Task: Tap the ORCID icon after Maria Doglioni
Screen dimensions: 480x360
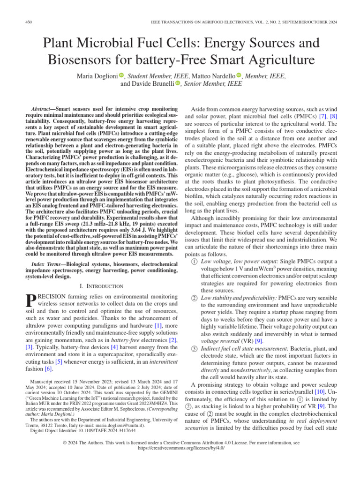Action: pos(121,75)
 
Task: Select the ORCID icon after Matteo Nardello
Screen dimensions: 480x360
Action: pos(239,75)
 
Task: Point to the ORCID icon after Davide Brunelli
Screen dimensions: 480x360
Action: pos(178,83)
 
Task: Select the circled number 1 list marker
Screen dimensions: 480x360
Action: pos(195,261)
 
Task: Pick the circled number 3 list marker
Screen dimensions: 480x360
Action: pos(195,349)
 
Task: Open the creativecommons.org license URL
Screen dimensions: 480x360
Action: pos(180,448)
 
